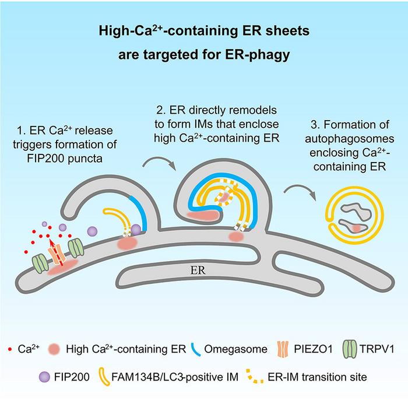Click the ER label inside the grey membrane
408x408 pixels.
(x=198, y=270)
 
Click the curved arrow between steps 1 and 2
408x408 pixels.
(x=159, y=163)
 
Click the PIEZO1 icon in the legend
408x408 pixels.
(x=283, y=349)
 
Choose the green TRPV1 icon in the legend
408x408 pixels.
(x=350, y=349)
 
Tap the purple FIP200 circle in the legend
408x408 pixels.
(x=44, y=377)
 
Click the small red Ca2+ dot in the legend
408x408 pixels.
(x=10, y=350)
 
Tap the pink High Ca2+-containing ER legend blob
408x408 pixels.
(x=54, y=349)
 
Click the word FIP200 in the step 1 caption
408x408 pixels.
(x=45, y=159)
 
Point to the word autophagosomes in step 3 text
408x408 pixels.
(x=350, y=139)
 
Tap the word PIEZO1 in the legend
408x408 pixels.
(x=313, y=349)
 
